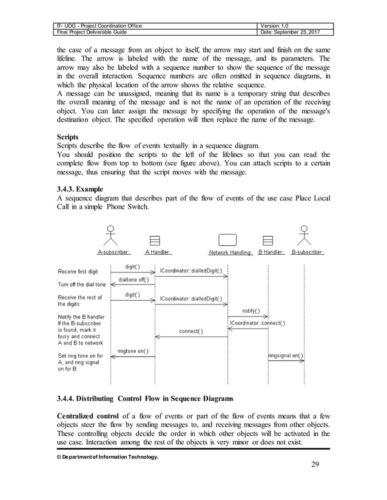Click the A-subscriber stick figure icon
coord(110,235)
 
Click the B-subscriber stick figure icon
coord(303,235)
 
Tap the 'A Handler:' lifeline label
coord(158,252)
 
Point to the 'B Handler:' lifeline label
coord(271,252)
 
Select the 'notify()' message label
coord(251,311)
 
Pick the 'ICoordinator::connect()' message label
coord(257,323)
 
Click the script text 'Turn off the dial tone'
coord(81,285)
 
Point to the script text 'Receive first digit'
coord(78,271)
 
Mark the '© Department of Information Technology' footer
coord(108,456)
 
